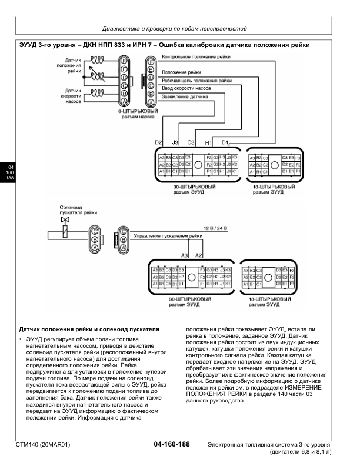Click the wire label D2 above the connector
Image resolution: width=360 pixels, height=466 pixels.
click(x=158, y=142)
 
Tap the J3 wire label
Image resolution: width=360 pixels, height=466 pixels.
click(x=175, y=142)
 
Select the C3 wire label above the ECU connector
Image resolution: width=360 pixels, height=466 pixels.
click(x=191, y=142)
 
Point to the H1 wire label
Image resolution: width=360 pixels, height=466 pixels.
click(x=208, y=142)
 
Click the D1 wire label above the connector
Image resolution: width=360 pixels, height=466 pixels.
click(x=224, y=142)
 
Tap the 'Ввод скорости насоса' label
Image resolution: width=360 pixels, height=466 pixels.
click(x=187, y=88)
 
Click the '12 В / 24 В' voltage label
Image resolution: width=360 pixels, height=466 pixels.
click(x=214, y=227)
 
